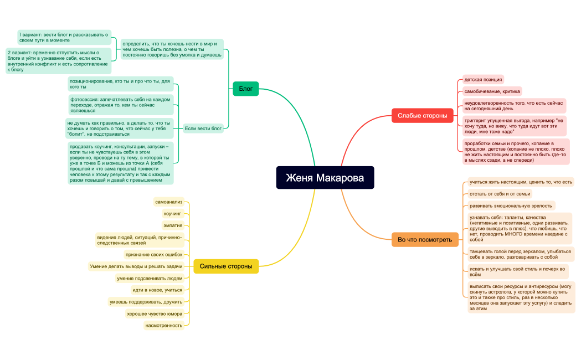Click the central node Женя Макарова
[325, 178]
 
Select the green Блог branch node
[246, 89]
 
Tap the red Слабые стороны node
[423, 116]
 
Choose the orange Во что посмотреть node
[425, 240]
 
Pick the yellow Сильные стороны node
[226, 266]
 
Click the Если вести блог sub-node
[203, 128]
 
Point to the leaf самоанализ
[169, 202]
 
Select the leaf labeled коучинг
[173, 214]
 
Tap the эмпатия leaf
[173, 225]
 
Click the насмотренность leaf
[164, 326]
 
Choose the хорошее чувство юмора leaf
[155, 313]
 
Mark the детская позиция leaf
[483, 80]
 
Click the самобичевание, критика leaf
[492, 91]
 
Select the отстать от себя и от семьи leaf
[500, 194]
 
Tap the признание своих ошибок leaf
[154, 254]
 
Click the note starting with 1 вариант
[64, 38]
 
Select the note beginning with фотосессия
[120, 105]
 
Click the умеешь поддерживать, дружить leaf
[146, 302]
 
